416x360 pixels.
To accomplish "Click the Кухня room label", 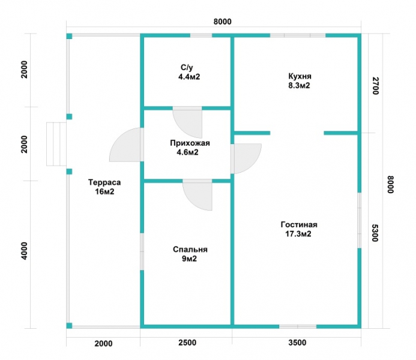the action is (x=300, y=76).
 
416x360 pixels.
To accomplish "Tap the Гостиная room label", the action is (x=299, y=224).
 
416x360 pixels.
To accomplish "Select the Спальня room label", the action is (x=190, y=250).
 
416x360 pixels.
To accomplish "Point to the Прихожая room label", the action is (x=190, y=143).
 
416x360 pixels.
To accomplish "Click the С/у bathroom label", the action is (x=187, y=68).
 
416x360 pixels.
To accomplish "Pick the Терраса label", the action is (x=104, y=182).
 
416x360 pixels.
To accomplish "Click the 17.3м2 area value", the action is (x=298, y=234).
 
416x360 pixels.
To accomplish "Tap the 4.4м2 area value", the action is (x=189, y=77).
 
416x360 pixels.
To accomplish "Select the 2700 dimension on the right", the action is (x=376, y=86).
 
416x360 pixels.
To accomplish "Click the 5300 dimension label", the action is (x=375, y=233).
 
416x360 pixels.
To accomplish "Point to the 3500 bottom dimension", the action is (x=297, y=343).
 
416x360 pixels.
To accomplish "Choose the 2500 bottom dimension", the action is (x=187, y=343).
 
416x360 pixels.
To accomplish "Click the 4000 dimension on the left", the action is (x=24, y=251).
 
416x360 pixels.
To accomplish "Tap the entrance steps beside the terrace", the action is (x=56, y=144).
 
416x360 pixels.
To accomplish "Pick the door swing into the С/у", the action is (x=187, y=122).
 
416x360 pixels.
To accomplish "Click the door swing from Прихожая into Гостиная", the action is (x=246, y=159).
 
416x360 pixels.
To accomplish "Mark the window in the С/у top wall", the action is (x=201, y=35).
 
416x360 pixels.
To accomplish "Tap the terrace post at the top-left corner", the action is (x=69, y=37).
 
